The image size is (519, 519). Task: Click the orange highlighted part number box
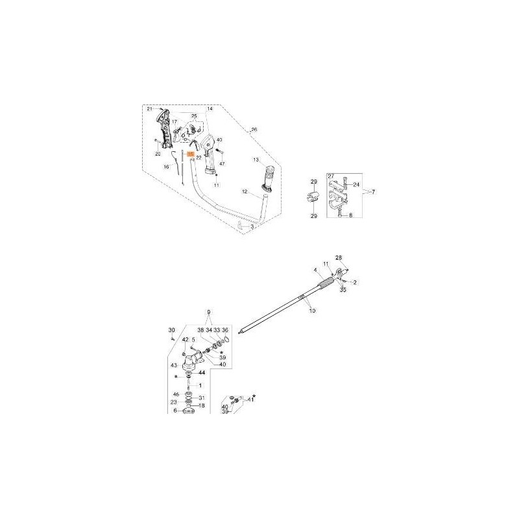[x=191, y=154]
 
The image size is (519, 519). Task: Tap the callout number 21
[x=149, y=109]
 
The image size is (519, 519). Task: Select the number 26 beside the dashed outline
[x=254, y=130]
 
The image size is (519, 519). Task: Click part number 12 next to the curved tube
[x=245, y=192]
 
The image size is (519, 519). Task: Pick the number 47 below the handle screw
[x=222, y=165]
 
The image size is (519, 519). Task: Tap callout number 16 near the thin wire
[x=166, y=167]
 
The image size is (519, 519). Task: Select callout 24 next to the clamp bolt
[x=356, y=184]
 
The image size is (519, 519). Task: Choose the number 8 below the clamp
[x=351, y=215]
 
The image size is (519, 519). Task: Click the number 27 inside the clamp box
[x=331, y=176]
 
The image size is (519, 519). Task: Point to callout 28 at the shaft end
[x=337, y=258]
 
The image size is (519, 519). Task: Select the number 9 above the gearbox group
[x=209, y=313]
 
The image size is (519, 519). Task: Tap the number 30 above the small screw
[x=172, y=330]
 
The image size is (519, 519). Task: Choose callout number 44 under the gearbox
[x=202, y=373]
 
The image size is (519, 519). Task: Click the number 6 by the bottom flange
[x=175, y=411]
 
